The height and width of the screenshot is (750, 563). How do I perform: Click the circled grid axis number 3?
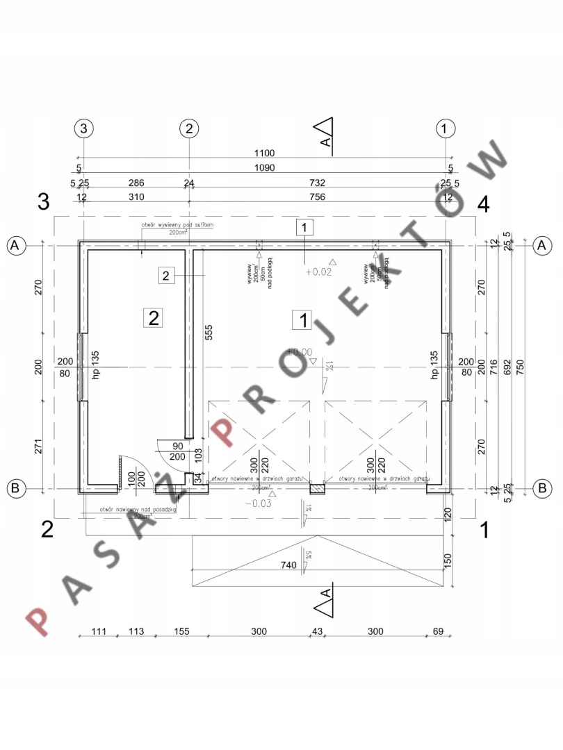pyautogui.click(x=83, y=128)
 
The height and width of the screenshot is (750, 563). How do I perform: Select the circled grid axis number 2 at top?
pyautogui.click(x=188, y=128)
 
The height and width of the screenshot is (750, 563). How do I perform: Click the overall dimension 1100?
pyautogui.click(x=265, y=153)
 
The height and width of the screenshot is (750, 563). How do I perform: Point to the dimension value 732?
pyautogui.click(x=318, y=183)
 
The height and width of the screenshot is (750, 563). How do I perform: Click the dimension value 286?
pyautogui.click(x=136, y=183)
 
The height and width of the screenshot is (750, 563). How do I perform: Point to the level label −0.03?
pyautogui.click(x=258, y=503)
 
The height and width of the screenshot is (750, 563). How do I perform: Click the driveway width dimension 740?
pyautogui.click(x=291, y=566)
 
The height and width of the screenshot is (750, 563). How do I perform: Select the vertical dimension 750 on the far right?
pyautogui.click(x=520, y=366)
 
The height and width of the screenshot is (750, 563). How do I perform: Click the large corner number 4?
pyautogui.click(x=483, y=204)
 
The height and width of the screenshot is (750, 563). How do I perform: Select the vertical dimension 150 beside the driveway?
pyautogui.click(x=448, y=560)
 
